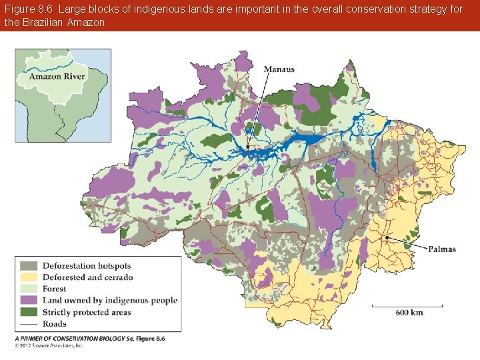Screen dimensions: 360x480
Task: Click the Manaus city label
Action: pyautogui.click(x=279, y=69)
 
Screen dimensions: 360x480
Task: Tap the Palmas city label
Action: pyautogui.click(x=441, y=249)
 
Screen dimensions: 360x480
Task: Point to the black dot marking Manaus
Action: pyautogui.click(x=247, y=147)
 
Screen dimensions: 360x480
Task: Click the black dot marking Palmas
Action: pyautogui.click(x=387, y=237)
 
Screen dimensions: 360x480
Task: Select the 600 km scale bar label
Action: pyautogui.click(x=409, y=313)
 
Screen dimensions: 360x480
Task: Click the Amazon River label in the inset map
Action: pyautogui.click(x=57, y=77)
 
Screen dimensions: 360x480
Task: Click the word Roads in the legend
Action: pyautogui.click(x=55, y=324)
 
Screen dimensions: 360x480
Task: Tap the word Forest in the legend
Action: pyautogui.click(x=55, y=289)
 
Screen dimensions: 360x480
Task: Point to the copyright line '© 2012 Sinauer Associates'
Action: pyautogui.click(x=50, y=345)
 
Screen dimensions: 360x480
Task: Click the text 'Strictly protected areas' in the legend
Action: pyautogui.click(x=87, y=312)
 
